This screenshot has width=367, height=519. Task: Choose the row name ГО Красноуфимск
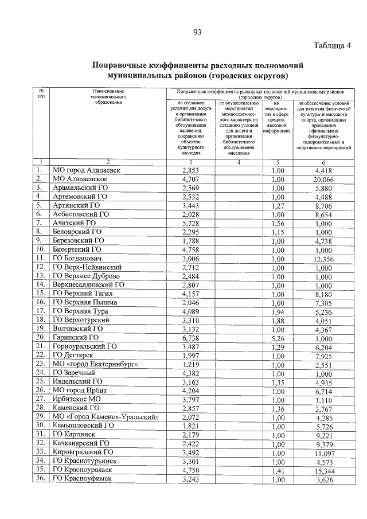click(x=83, y=478)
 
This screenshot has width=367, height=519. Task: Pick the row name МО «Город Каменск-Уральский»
click(x=104, y=416)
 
